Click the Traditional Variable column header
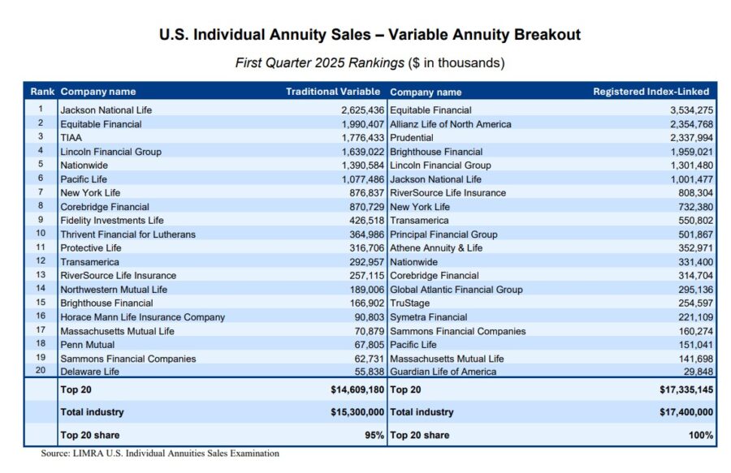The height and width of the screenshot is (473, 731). coord(332,92)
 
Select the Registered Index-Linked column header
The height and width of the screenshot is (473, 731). coord(651,92)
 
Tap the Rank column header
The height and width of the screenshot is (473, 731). coord(41,92)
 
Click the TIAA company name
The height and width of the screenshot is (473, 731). coord(71,138)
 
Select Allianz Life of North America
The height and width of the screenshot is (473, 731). coord(451,124)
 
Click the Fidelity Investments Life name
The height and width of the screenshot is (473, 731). coord(111,221)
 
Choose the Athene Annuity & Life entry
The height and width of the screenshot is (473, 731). coord(436,248)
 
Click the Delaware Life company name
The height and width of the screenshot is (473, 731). coord(89,372)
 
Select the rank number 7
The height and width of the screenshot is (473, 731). coord(40,192)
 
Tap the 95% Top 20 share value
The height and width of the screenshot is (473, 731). coord(374,435)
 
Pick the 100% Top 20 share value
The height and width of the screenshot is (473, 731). coord(702,435)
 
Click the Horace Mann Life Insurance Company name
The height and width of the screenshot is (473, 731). coord(142,317)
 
